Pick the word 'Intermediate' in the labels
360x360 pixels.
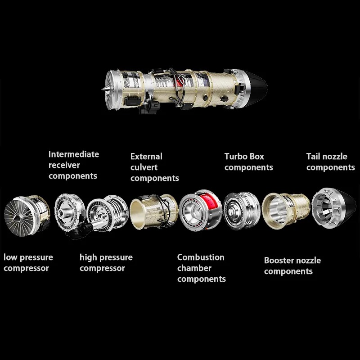click(73, 154)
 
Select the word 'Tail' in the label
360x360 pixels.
click(314, 157)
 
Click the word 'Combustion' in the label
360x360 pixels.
click(200, 257)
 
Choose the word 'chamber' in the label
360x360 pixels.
click(194, 268)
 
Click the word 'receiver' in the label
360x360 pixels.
click(64, 165)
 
